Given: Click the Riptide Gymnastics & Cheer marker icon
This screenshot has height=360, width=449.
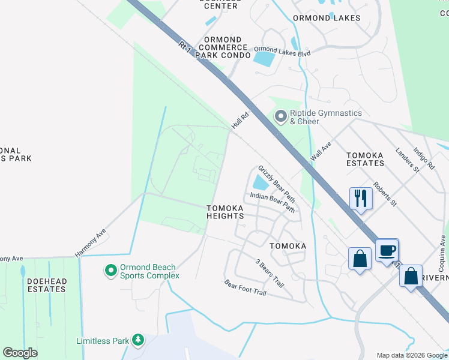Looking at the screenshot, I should click(280, 117).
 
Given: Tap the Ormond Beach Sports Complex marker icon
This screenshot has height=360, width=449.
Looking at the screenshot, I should click(110, 271).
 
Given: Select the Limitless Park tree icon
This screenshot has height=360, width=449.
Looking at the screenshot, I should click(138, 340).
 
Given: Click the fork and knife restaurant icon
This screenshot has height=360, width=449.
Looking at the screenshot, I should click(361, 198).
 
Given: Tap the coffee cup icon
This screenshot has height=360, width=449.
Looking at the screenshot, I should click(387, 250).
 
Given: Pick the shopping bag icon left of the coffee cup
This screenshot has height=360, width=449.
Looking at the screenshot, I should click(360, 259).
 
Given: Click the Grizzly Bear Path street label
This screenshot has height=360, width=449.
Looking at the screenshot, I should click(277, 184).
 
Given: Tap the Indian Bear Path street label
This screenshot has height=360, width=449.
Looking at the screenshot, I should click(273, 202).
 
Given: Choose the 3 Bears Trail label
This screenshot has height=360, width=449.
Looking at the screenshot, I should click(269, 273).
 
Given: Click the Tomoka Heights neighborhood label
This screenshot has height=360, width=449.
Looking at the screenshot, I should click(225, 212).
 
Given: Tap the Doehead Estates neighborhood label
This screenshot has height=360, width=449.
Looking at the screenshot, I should click(46, 285).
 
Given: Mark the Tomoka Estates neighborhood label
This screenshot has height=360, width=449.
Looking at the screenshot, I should click(366, 158).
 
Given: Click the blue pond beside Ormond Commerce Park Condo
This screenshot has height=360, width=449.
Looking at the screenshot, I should click(263, 59).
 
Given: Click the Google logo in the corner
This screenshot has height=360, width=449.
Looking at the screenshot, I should click(20, 352).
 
